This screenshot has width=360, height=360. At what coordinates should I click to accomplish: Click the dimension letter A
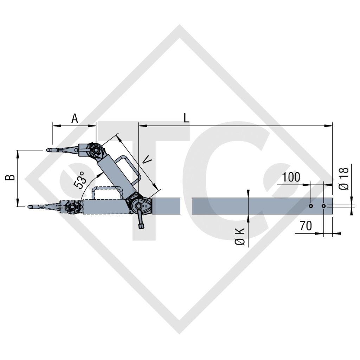pyautogui.click(x=74, y=118)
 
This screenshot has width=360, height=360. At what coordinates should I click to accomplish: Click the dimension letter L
pyautogui.click(x=186, y=117)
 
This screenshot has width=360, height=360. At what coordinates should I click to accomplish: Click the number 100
pyautogui.click(x=291, y=177)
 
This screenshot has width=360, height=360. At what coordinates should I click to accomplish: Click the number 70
pyautogui.click(x=306, y=226)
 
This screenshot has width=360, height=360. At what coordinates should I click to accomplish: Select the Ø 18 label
pyautogui.click(x=345, y=179)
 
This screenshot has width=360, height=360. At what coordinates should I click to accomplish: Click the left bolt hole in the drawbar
pyautogui.click(x=311, y=206)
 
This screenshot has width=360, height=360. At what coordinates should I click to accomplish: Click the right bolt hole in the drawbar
pyautogui.click(x=323, y=206)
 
